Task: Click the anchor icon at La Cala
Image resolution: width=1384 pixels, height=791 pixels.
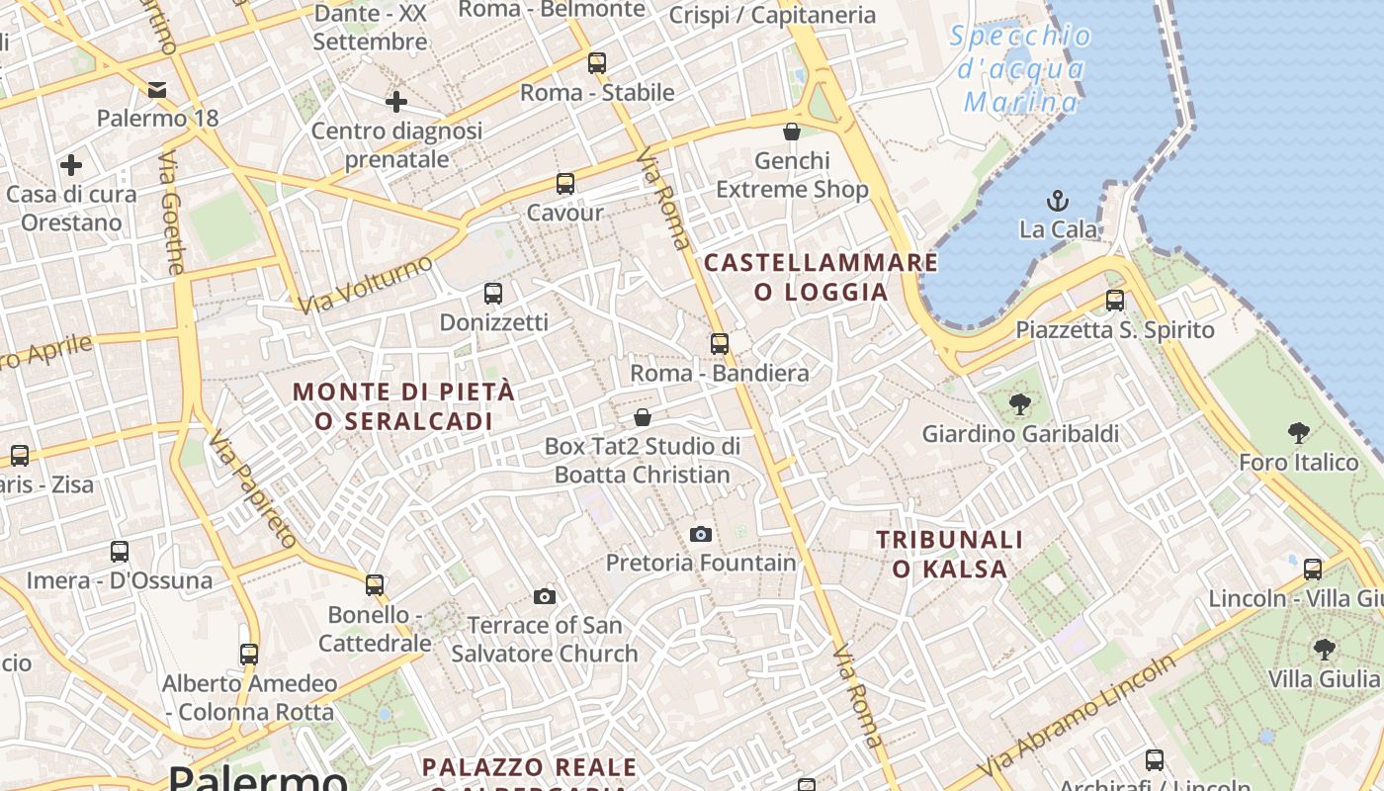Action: [x=1058, y=201]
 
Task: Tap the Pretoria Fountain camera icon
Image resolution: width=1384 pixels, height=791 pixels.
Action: [x=700, y=535]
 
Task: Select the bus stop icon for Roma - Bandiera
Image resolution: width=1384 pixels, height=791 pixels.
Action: [x=720, y=344]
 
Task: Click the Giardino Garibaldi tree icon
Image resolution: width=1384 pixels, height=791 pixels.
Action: [x=1019, y=404]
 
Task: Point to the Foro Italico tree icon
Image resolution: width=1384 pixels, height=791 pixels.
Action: [x=1299, y=432]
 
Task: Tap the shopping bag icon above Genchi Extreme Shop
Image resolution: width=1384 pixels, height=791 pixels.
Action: [x=792, y=132]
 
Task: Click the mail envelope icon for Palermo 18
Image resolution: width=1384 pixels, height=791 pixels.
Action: [x=157, y=90]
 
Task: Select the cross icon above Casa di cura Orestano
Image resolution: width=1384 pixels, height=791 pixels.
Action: [x=71, y=164]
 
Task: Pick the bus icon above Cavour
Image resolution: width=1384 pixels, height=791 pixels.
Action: [x=564, y=184]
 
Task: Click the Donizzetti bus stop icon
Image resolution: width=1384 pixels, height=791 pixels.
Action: [x=493, y=294]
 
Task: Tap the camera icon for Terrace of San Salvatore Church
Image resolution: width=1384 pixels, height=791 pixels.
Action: [x=544, y=596]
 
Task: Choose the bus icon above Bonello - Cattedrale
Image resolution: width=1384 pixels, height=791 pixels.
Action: [x=374, y=585]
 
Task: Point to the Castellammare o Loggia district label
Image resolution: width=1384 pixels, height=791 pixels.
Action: [x=821, y=277]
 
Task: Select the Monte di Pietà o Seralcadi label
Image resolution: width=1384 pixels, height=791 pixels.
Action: [x=403, y=405]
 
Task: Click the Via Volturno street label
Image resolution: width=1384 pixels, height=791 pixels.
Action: [x=367, y=284]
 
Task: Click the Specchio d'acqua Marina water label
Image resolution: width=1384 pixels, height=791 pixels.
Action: [x=1020, y=69]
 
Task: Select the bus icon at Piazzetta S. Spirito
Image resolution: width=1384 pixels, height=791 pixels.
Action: [x=1115, y=301]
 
